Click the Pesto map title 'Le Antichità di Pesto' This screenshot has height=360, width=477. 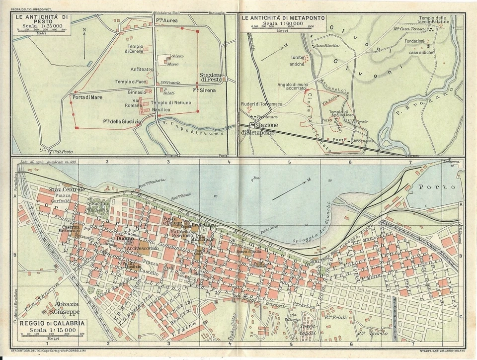pos(42,19)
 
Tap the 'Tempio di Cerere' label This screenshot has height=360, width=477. pos(134,49)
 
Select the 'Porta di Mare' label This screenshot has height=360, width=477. pos(87,97)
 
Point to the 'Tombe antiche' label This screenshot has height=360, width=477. pos(297,60)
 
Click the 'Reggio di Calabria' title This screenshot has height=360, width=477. pos(52,323)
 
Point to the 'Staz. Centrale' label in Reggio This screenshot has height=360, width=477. pos(67,190)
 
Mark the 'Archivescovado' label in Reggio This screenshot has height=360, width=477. pos(143,247)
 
